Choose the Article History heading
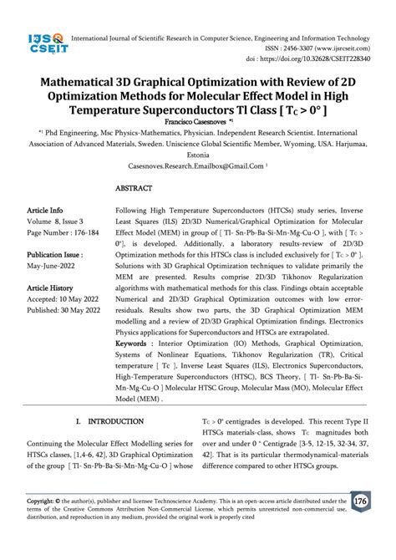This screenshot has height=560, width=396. [51, 287]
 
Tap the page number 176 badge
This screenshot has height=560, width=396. [361, 501]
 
